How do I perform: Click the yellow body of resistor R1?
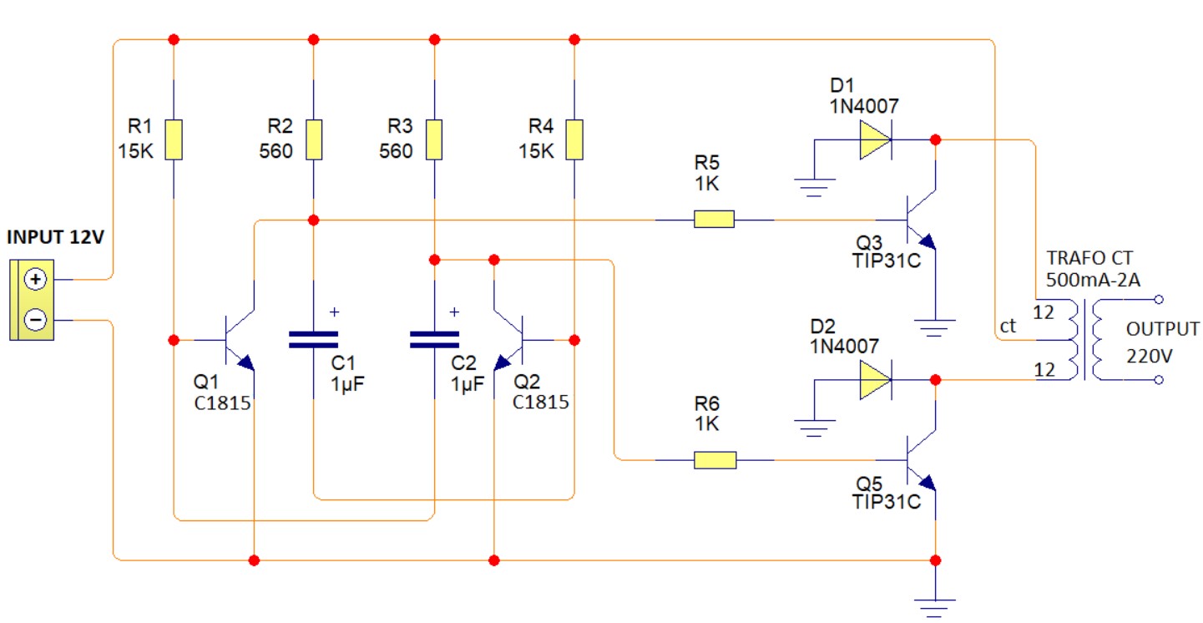click(174, 139)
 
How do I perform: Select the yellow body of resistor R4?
click(574, 139)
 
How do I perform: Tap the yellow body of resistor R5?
click(714, 219)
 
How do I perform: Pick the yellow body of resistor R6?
click(715, 460)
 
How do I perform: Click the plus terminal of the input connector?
click(35, 279)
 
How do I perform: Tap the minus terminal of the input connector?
click(35, 320)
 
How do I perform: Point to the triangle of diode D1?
click(875, 140)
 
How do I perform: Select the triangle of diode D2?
click(875, 380)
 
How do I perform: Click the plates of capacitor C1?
click(314, 339)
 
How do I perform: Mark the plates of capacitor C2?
click(434, 339)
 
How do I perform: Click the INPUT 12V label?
click(55, 237)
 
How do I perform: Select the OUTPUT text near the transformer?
click(1162, 329)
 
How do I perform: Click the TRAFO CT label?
click(1089, 258)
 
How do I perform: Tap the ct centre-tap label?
click(1008, 326)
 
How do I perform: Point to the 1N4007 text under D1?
click(864, 106)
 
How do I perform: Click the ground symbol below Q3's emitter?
click(934, 328)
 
